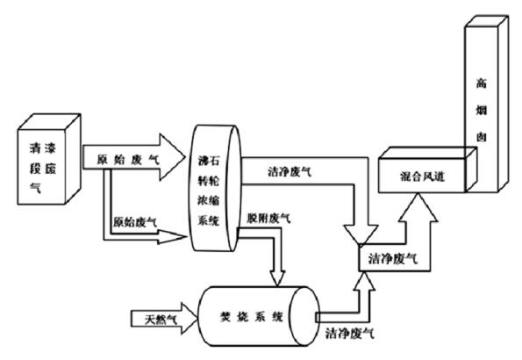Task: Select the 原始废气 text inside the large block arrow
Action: click(x=124, y=160)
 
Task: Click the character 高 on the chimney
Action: click(x=482, y=84)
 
